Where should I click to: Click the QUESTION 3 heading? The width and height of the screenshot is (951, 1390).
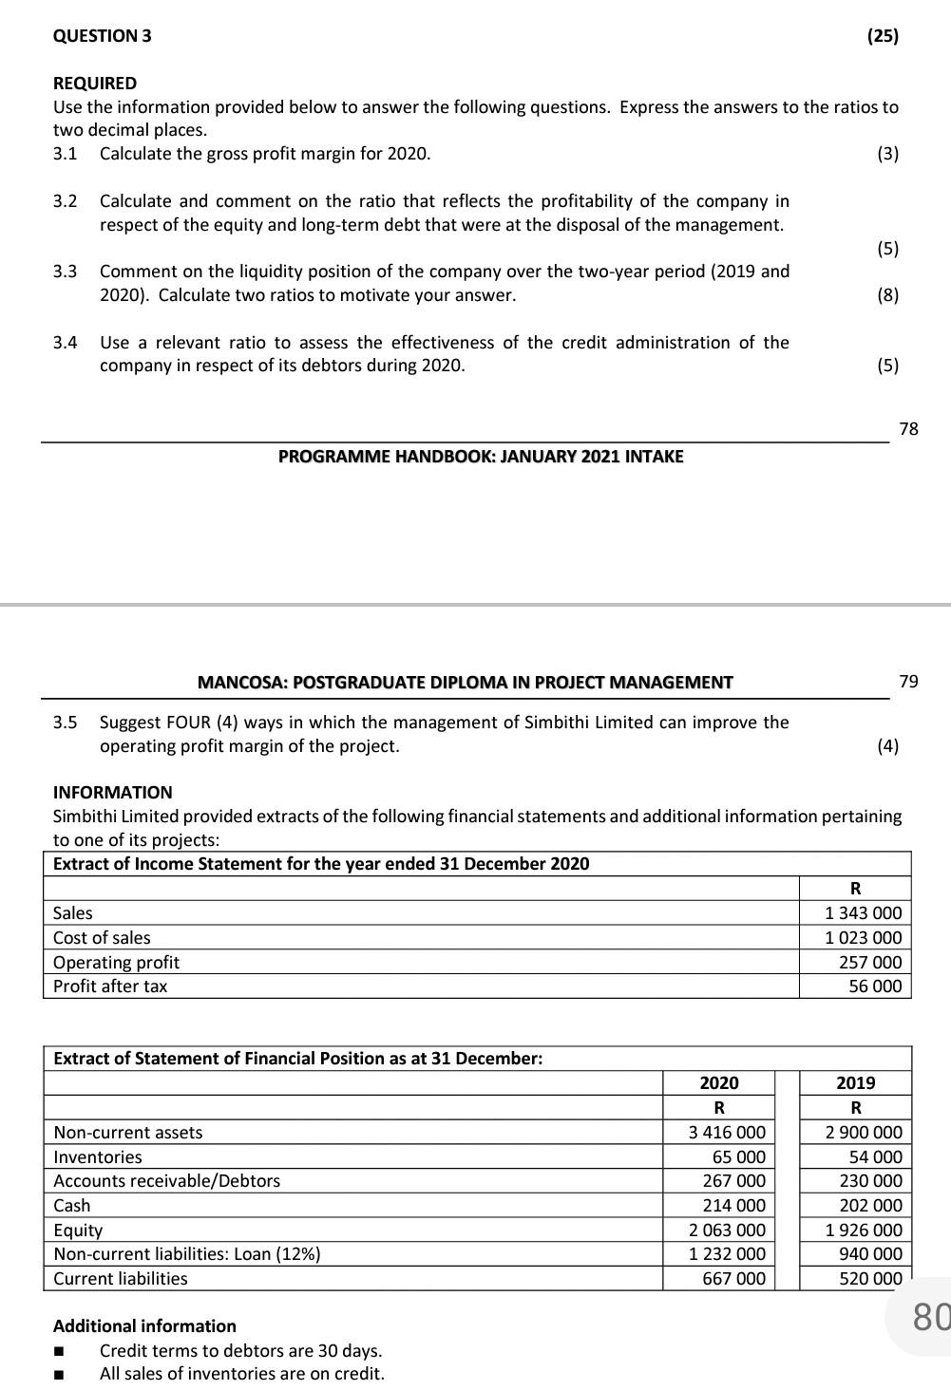pos(102,36)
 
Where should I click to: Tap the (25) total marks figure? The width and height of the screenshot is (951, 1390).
pos(883,36)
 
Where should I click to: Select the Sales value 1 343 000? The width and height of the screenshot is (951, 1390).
pos(863,913)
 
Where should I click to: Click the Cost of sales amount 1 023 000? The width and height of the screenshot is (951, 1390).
pos(863,938)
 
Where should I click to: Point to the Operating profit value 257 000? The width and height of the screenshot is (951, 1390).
pos(870,963)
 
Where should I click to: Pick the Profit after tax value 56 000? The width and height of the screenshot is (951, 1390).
pos(875,986)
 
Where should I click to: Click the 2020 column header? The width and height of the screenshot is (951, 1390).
pos(718,1083)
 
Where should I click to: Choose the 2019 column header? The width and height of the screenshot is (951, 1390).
pos(855,1083)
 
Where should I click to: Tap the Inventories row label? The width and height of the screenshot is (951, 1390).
pos(97,1157)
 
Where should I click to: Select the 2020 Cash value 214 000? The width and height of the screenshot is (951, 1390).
pos(733,1206)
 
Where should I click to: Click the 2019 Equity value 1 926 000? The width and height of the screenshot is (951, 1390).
pos(864,1230)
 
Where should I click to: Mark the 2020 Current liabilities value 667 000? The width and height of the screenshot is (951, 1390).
pos(733,1279)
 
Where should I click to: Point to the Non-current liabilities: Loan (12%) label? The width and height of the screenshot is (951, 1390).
pos(186,1254)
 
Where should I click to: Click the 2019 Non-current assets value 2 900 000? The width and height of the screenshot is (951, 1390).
pos(864,1133)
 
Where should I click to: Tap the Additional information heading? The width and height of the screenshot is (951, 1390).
pos(144,1326)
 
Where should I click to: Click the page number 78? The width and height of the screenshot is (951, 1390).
pos(908,428)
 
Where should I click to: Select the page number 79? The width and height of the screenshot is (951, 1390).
pos(908,681)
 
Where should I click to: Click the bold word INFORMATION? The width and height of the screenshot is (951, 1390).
pos(112,793)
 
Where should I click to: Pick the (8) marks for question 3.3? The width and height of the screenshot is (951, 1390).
pos(887,295)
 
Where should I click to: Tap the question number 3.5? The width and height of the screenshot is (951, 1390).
pos(65,723)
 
